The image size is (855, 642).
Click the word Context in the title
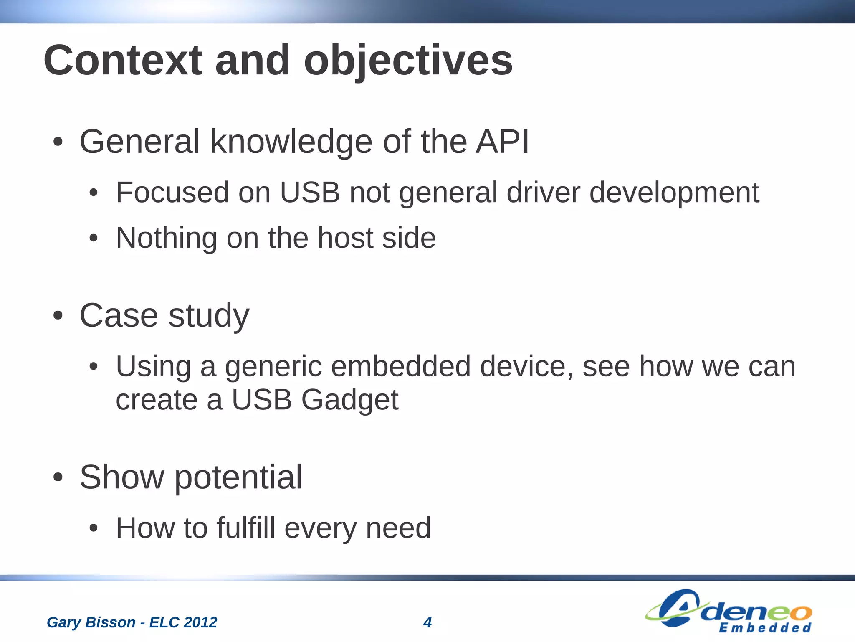pos(123,61)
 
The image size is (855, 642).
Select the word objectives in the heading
pos(408,61)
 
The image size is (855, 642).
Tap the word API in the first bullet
pos(502,142)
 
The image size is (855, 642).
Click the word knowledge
pos(291,142)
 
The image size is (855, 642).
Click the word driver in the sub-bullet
pos(543,193)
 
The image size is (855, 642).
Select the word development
pos(674,193)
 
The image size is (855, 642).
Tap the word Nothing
pos(166,238)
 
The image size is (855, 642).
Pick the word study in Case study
pos(209,316)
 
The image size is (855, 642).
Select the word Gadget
pos(350,400)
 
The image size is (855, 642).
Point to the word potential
pos(238,477)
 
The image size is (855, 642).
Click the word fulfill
pos(246,528)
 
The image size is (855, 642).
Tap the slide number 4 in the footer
pos(427,622)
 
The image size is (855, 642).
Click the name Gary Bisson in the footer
pos(91,622)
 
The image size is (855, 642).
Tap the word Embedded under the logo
pos(765,628)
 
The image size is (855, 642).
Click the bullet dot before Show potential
pos(58,477)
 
